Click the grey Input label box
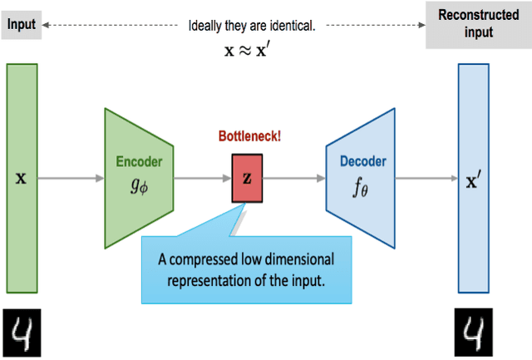[x=22, y=25]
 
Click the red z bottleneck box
[x=247, y=179]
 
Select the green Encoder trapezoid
[x=138, y=178]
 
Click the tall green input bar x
[x=22, y=178]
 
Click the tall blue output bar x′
[x=474, y=178]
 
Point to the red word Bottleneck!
[x=249, y=136]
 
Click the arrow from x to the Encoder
[x=71, y=179]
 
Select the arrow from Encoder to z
[x=202, y=179]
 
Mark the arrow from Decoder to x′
[x=426, y=179]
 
